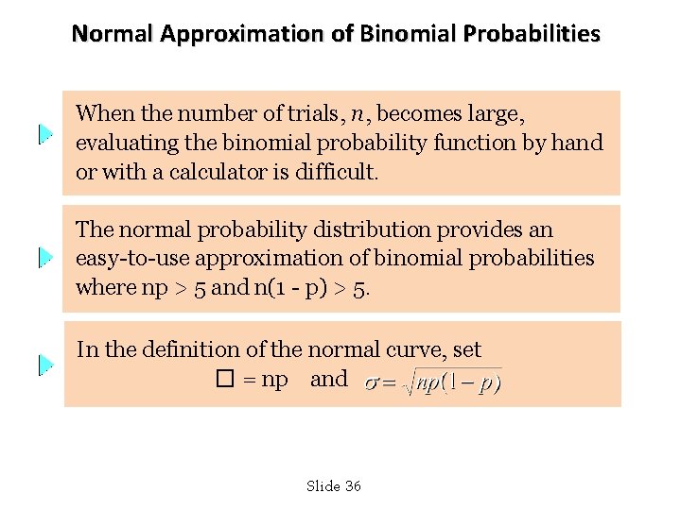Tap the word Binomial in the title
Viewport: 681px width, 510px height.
pos(406,34)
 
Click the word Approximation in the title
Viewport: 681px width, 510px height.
pos(242,34)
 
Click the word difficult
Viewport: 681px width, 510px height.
pos(337,173)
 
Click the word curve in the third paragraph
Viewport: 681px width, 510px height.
pos(417,350)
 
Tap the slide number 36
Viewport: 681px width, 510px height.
pos(353,486)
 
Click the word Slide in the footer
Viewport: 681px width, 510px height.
pos(323,486)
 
